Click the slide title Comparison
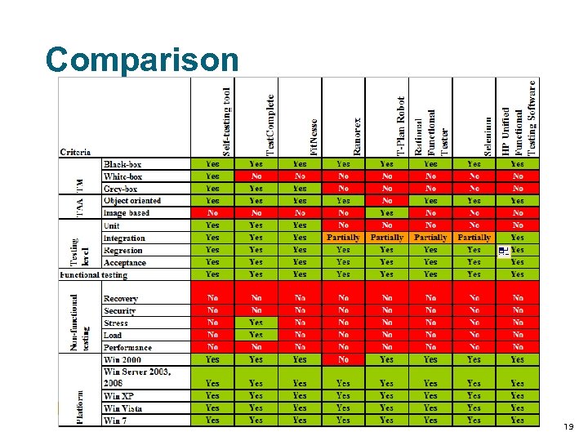pos(142,59)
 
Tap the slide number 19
pos(569,427)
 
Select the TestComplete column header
pos(270,122)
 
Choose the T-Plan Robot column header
pos(401,126)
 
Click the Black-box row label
pos(122,164)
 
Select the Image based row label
pos(127,213)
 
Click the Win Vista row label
pos(123,408)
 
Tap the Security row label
pos(120,311)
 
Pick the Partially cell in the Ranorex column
pos(343,238)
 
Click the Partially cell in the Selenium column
pos(474,238)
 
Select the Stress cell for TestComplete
pos(256,323)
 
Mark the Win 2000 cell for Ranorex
pos(343,359)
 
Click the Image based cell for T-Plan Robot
pos(386,212)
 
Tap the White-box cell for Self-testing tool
pos(212,176)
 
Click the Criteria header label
pos(76,152)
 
